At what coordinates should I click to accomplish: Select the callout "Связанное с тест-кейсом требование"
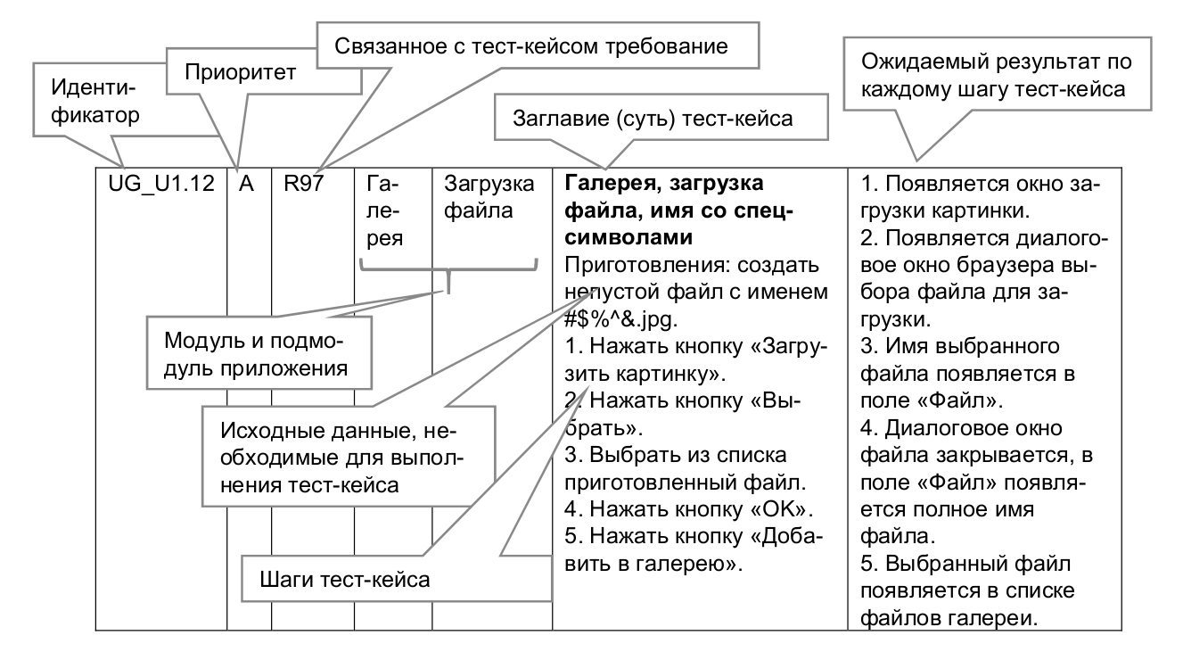[x=533, y=44]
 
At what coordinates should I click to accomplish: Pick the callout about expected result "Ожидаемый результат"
[x=995, y=76]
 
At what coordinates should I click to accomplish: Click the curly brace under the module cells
[x=448, y=271]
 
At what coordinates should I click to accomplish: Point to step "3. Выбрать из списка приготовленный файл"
[x=686, y=473]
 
